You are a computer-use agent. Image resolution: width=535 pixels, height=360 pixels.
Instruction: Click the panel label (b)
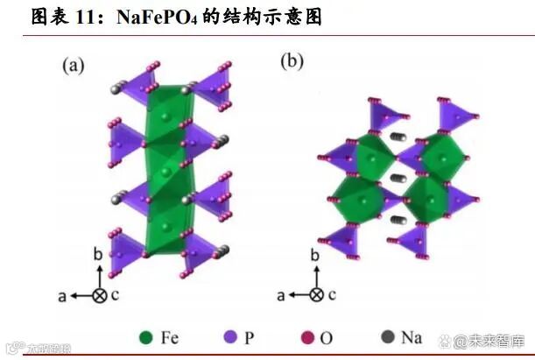292,61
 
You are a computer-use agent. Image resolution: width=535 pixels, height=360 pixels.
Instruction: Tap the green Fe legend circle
146,337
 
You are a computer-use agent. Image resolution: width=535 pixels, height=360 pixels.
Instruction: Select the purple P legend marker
231,337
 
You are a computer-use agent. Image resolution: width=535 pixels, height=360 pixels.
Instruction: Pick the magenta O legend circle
307,337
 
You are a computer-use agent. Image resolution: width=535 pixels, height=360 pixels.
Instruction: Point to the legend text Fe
171,337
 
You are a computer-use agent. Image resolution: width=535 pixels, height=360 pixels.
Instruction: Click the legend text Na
412,337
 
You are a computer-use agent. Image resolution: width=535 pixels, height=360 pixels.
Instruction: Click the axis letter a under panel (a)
62,296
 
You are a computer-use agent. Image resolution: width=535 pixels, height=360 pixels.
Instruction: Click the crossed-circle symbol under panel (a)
100,296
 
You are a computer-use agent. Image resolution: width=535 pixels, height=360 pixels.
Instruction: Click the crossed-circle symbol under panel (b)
318,296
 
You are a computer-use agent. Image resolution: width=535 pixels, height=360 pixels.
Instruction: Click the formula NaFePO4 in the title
170,17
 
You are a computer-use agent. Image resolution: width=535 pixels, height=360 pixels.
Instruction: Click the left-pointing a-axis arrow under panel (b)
299,296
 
